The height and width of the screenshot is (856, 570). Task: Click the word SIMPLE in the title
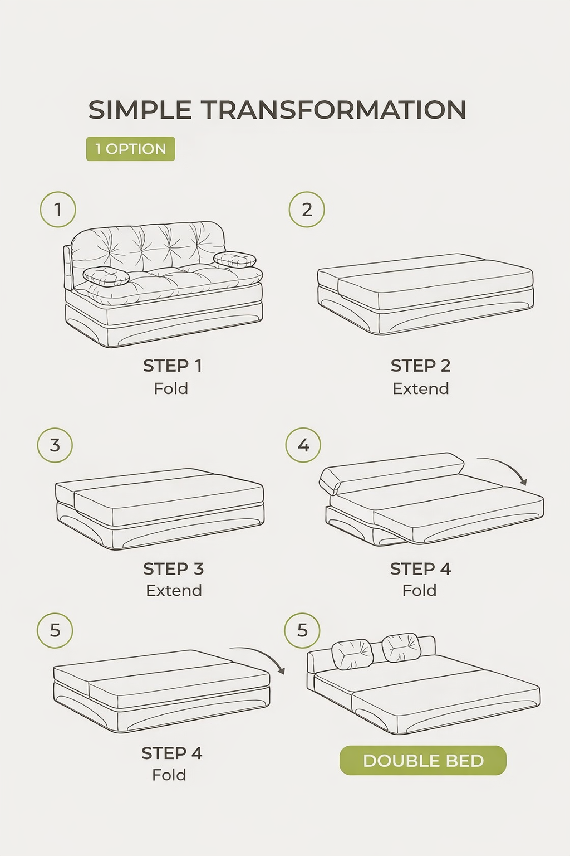140,110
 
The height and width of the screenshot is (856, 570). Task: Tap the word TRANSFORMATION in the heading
333,110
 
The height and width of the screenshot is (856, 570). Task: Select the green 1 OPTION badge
131,149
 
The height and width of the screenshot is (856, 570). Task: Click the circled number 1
58,210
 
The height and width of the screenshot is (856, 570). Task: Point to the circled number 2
307,210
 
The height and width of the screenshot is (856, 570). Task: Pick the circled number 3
55,445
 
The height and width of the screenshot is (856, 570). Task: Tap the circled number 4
303,445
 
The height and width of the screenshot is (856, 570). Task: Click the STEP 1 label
173,366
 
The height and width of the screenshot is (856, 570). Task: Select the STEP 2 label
421,366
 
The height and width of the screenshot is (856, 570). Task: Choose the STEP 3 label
174,568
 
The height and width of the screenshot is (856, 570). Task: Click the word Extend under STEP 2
421,388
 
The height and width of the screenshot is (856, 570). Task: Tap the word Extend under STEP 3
174,590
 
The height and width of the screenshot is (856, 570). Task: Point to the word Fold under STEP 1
171,388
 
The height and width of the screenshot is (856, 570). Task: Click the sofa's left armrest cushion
106,276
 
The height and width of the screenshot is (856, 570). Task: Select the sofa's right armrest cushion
235,260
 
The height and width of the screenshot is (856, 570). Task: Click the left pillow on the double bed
352,654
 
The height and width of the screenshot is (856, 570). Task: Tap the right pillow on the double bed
402,648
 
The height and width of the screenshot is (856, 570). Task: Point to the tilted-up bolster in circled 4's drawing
391,473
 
